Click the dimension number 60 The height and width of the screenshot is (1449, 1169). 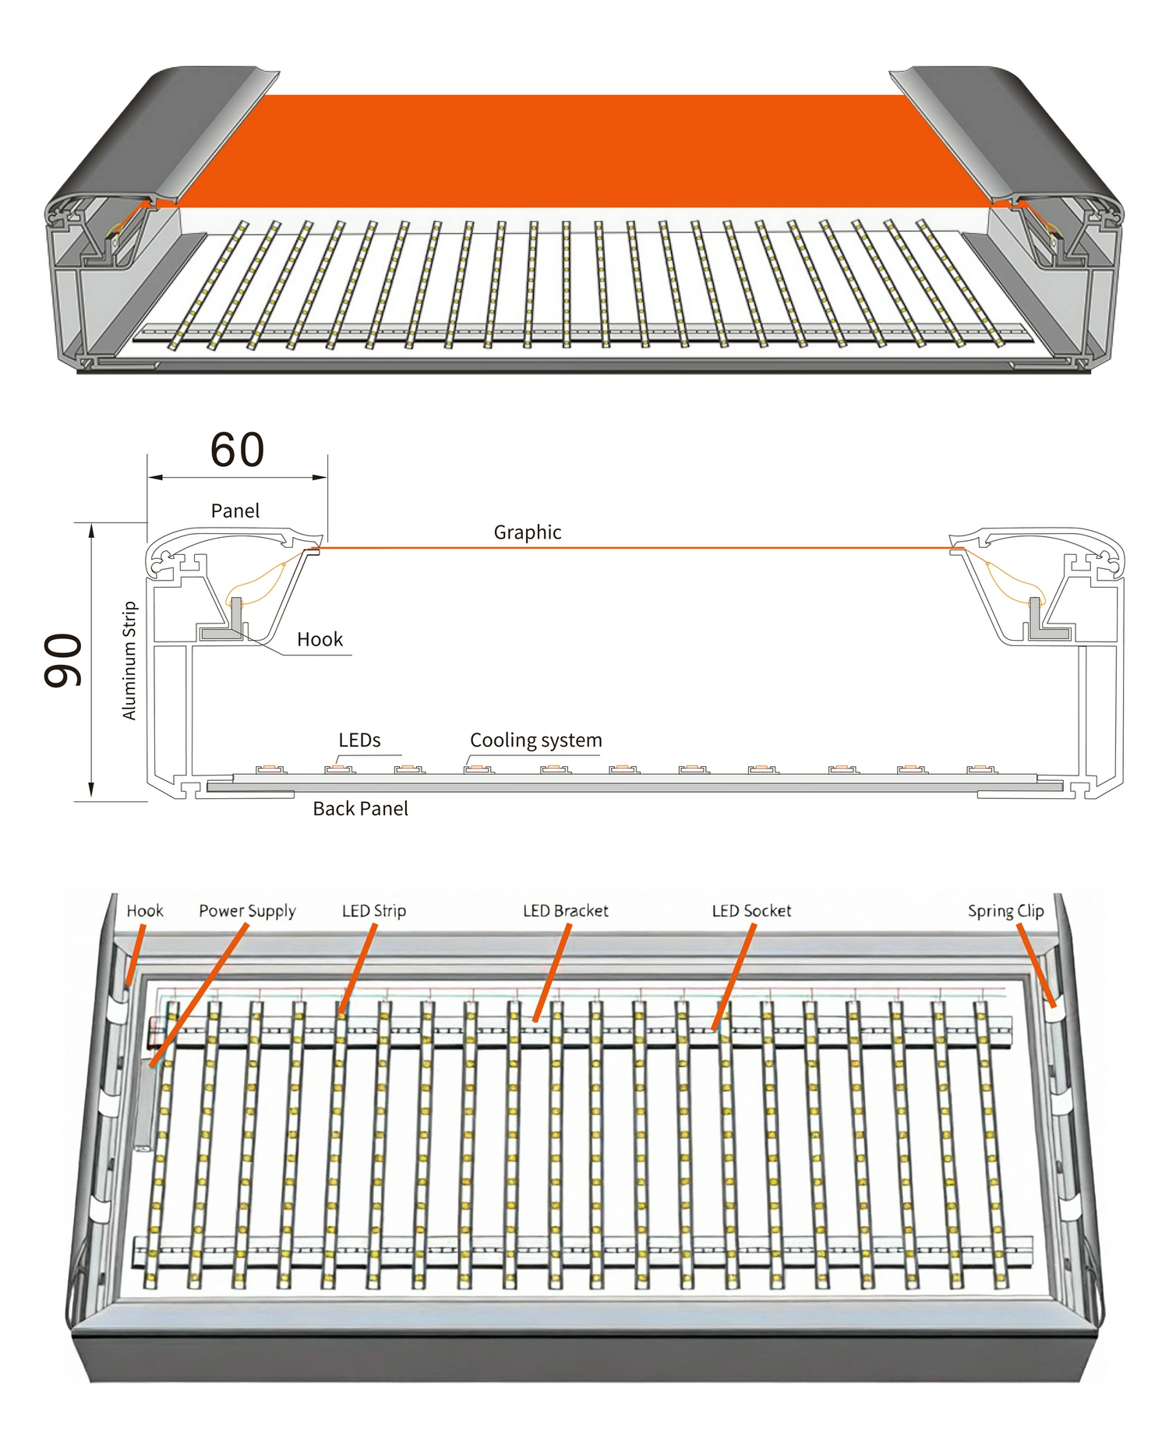237,450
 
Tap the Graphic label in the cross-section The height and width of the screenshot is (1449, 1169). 527,532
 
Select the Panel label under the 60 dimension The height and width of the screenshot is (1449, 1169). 235,511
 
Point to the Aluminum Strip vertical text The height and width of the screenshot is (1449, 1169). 129,660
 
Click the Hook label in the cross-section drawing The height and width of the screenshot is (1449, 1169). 320,639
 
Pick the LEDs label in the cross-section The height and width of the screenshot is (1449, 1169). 359,740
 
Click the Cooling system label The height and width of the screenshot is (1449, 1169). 535,740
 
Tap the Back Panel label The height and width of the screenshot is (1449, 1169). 360,808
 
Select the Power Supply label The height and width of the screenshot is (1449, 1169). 247,910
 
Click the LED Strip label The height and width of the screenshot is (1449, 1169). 374,910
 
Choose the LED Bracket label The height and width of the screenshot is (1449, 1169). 565,910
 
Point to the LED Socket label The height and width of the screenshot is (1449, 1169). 751,910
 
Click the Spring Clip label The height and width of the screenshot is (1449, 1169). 1005,910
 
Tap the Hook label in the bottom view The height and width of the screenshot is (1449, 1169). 145,910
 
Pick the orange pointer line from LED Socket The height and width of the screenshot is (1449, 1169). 734,974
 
